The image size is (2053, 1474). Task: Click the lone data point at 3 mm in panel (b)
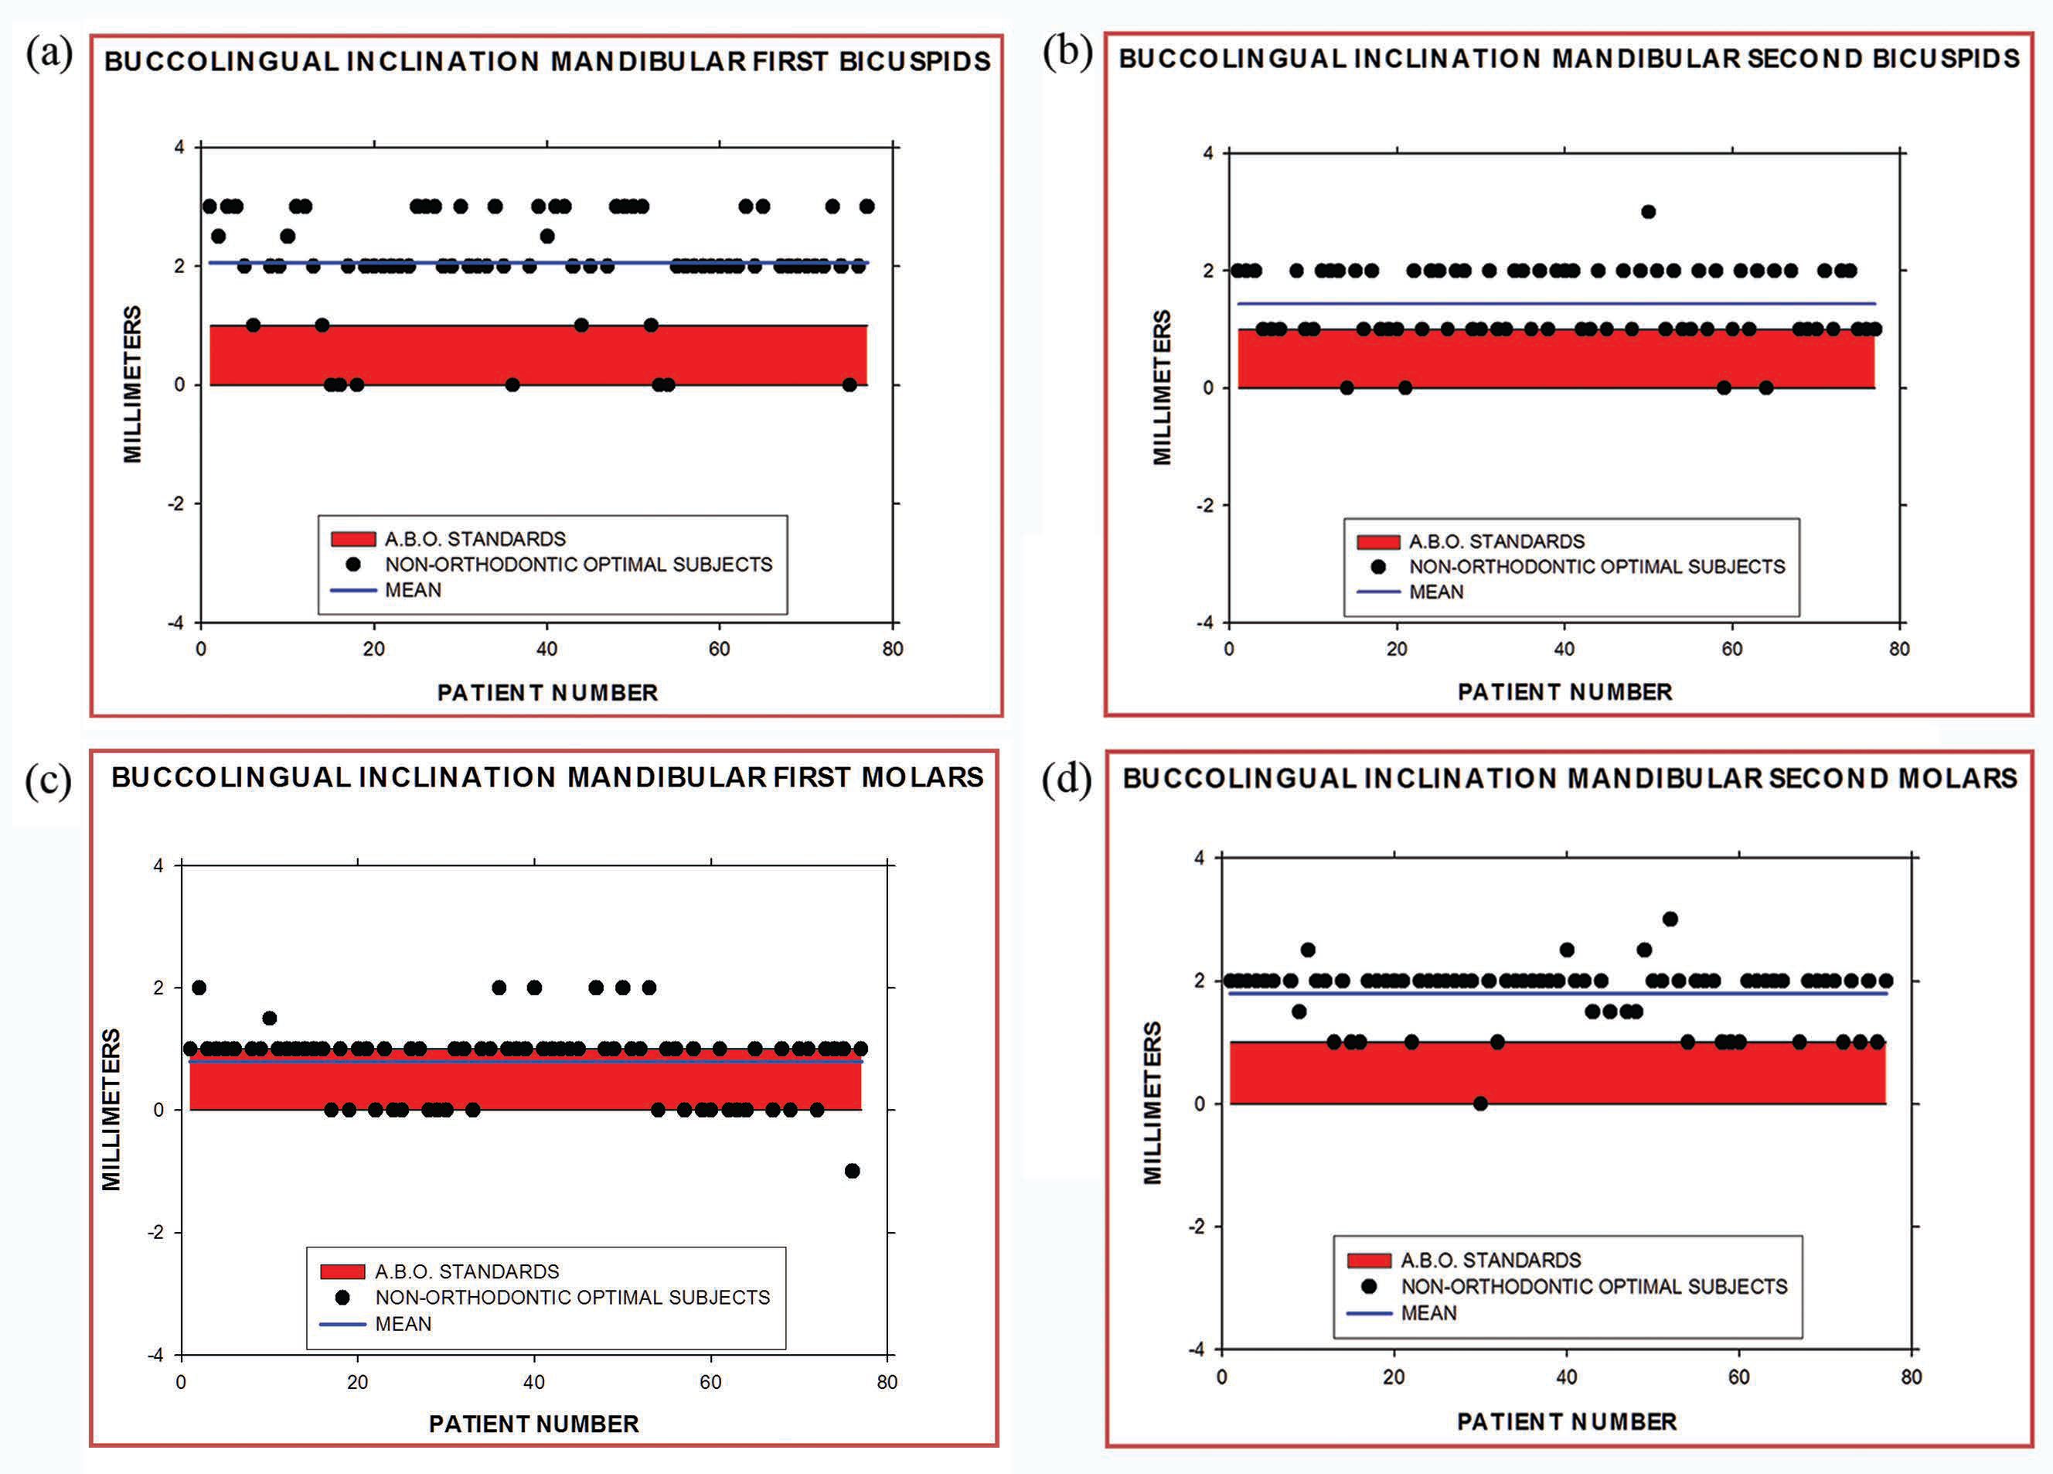click(x=1649, y=212)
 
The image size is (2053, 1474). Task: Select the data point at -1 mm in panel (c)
click(x=852, y=1171)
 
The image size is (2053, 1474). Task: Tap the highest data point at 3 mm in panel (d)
click(x=1670, y=919)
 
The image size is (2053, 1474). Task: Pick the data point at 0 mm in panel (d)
click(x=1480, y=1103)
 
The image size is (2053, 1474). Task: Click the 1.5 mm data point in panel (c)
click(x=269, y=1018)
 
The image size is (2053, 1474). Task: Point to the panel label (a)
click(x=49, y=53)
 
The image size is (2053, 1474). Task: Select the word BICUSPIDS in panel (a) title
click(x=914, y=62)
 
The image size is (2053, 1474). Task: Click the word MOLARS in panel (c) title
click(x=921, y=777)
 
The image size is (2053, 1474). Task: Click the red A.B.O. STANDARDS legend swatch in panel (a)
click(x=353, y=540)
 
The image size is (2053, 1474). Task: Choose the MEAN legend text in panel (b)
click(x=1436, y=592)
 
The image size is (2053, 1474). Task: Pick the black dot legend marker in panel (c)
click(x=342, y=1298)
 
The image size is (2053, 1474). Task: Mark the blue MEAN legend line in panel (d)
click(x=1369, y=1313)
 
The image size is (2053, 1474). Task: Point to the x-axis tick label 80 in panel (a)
click(x=893, y=648)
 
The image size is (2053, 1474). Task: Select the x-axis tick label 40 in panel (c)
click(x=534, y=1382)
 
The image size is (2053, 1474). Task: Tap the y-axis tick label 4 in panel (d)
click(x=1200, y=858)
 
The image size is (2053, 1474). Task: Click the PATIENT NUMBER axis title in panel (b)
click(x=1565, y=691)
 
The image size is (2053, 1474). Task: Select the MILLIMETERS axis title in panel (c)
click(x=111, y=1109)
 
